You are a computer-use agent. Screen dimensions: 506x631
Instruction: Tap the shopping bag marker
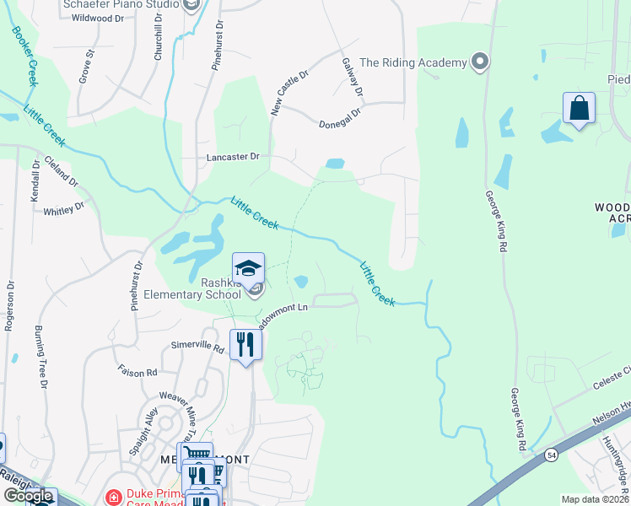579,109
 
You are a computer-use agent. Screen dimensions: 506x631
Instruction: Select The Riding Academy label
413,62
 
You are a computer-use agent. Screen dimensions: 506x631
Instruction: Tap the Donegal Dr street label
340,117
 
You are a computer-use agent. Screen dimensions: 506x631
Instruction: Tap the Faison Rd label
138,372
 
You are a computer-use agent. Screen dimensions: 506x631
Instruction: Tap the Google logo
28,497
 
